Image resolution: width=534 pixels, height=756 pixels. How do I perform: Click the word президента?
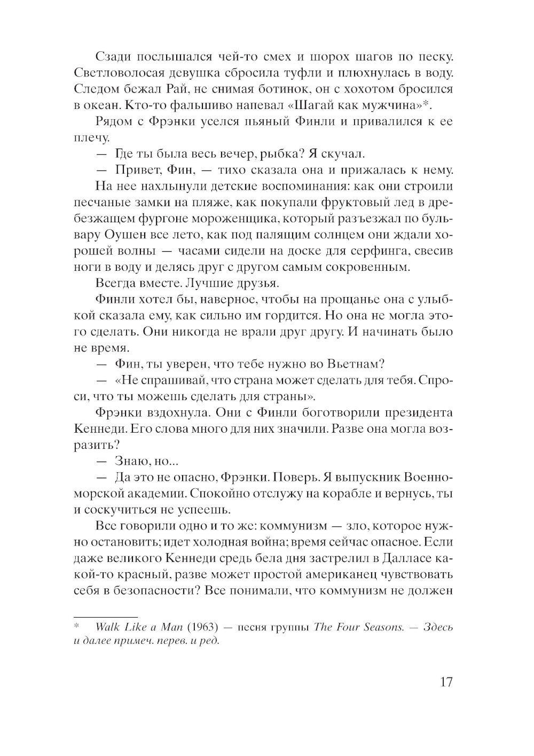click(x=411, y=412)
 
